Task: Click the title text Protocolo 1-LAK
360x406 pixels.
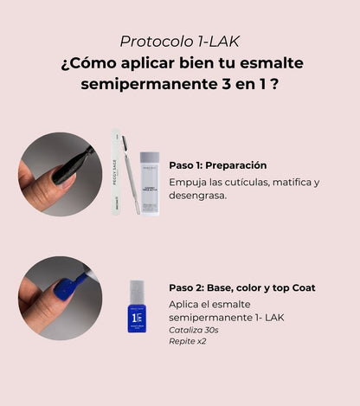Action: [179, 41]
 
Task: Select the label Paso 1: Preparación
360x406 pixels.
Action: [217, 164]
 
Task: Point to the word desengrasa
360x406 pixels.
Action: [198, 196]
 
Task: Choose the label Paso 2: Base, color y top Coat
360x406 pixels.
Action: [241, 287]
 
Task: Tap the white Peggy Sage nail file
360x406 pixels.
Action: [115, 172]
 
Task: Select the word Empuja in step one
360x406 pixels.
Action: [191, 182]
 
